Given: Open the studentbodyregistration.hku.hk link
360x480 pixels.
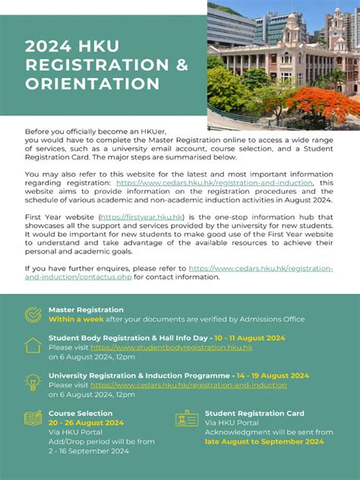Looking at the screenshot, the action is (x=171, y=347).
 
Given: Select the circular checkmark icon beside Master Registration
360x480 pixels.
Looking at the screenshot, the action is (x=33, y=314).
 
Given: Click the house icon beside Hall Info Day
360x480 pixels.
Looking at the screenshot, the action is (x=33, y=345).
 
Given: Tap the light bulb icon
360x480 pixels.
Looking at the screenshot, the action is (x=33, y=382).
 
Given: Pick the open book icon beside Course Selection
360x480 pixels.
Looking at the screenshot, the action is (x=33, y=418).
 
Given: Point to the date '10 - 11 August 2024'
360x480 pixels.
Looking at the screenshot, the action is (x=249, y=338).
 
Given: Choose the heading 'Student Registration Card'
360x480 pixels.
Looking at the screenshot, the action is (x=254, y=413).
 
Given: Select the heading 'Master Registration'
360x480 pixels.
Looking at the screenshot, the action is (x=86, y=310).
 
